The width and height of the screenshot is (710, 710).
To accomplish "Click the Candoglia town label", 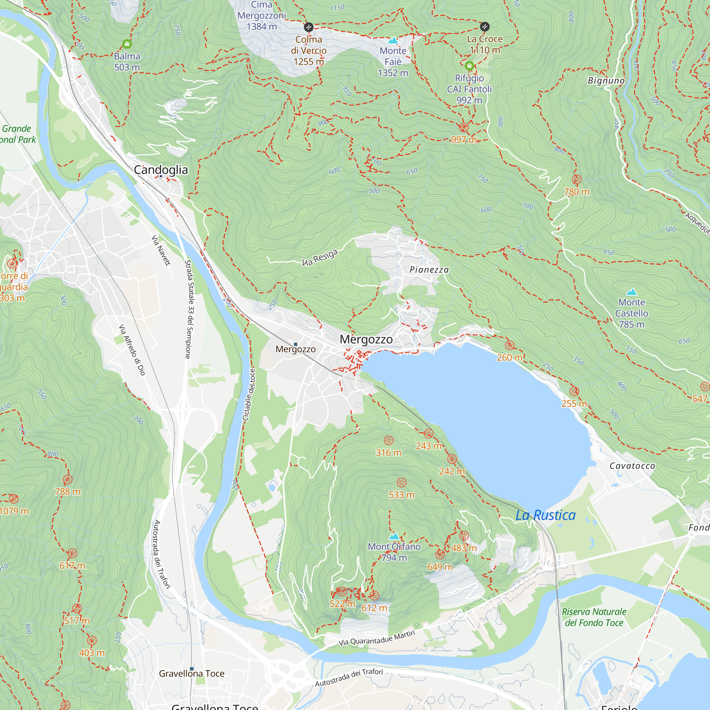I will [160, 170].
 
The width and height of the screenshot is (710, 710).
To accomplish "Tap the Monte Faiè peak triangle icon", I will [393, 40].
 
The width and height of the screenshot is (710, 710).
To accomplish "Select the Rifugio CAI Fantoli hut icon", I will [469, 66].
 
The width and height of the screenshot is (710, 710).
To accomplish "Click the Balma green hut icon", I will [127, 44].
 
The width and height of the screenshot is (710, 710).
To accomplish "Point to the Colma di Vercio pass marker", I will [308, 27].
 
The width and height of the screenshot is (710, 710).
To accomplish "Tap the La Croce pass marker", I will [484, 27].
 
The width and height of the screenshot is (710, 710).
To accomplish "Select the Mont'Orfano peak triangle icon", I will [394, 536].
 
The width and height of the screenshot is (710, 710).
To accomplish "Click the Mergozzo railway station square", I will [295, 344].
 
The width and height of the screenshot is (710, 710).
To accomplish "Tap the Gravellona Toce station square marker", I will [191, 668].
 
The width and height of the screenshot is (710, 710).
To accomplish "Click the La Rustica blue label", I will [545, 515].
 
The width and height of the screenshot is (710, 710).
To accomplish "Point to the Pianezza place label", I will [429, 270].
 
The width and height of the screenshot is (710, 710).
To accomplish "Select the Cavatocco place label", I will [632, 466].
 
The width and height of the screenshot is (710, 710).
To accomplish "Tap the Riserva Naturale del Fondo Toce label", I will [594, 617].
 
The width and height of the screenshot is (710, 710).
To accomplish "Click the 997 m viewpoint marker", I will [464, 127].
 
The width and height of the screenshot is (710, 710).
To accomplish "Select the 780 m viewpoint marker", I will [576, 180].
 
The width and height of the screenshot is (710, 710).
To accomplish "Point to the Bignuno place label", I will [606, 81].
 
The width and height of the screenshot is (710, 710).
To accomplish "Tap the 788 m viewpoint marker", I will [67, 479].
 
